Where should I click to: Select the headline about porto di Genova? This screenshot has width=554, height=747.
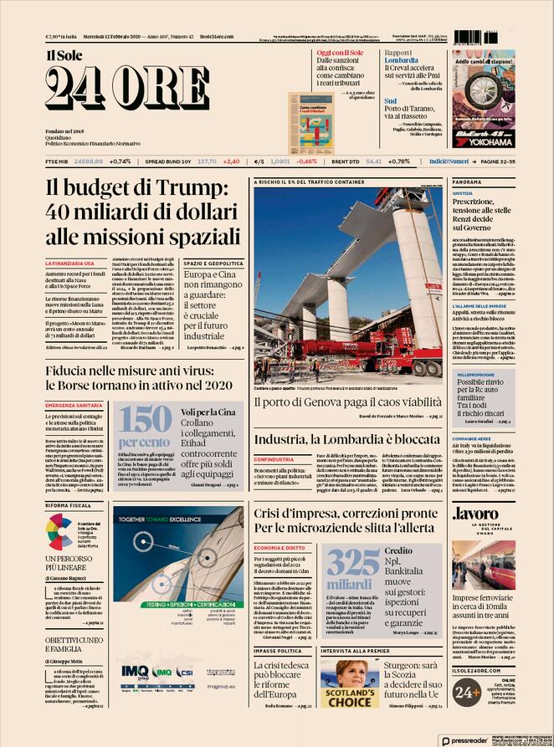click(x=348, y=402)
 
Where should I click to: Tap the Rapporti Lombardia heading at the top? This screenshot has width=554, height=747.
click(x=401, y=56)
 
